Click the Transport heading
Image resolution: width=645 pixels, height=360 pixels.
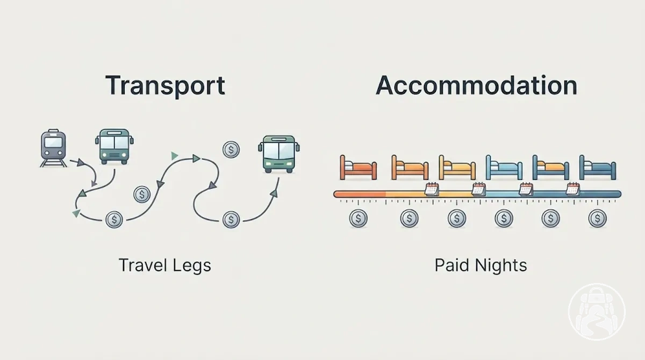(166, 85)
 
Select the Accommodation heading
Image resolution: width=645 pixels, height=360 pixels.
(477, 85)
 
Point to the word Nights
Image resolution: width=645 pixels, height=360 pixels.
(501, 265)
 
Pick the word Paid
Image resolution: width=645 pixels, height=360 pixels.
(452, 265)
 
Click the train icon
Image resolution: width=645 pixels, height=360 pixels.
(53, 148)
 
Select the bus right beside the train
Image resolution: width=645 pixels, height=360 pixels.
(114, 147)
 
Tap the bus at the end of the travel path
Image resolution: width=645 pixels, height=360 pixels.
(279, 154)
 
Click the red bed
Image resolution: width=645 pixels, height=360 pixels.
(358, 168)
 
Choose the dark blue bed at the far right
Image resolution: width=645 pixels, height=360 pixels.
(598, 168)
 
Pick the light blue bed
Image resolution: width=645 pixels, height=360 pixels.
(504, 168)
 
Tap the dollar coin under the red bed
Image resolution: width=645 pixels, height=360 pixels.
(358, 218)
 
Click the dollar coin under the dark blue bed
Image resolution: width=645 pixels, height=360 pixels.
(598, 218)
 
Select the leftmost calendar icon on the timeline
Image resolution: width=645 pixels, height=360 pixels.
(432, 189)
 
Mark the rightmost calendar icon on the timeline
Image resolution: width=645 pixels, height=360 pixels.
(573, 189)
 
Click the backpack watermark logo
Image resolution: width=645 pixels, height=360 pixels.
(597, 312)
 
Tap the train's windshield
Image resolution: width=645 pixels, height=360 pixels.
(53, 142)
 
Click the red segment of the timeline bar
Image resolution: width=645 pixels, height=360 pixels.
(360, 195)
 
